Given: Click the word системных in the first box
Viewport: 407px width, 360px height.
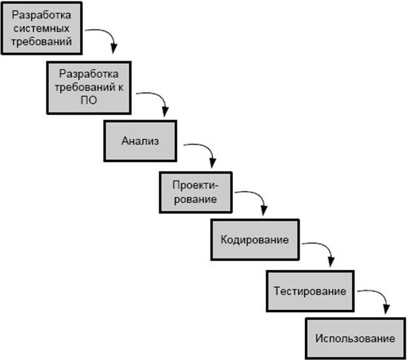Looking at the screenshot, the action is (x=41, y=28).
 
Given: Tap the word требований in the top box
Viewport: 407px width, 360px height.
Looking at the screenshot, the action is (x=41, y=41).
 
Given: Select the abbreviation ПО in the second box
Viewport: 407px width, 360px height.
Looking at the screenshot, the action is (x=89, y=100).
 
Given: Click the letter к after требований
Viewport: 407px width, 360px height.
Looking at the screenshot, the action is (x=120, y=88).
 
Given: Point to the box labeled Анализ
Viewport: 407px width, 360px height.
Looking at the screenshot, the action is (x=140, y=141).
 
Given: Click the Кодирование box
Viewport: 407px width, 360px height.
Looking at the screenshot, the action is (x=255, y=240).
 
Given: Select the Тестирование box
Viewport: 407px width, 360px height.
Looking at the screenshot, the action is (x=310, y=291).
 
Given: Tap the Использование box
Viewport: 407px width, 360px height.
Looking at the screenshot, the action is (x=356, y=338).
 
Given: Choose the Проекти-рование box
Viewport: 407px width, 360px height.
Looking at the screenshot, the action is (x=195, y=192).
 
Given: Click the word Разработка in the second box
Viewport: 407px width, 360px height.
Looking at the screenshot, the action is (x=89, y=74).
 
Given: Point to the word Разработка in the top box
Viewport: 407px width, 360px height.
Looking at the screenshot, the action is (x=41, y=15).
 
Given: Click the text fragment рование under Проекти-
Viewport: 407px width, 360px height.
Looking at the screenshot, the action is (x=195, y=200).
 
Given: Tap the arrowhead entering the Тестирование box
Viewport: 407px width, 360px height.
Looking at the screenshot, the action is (x=331, y=262).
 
